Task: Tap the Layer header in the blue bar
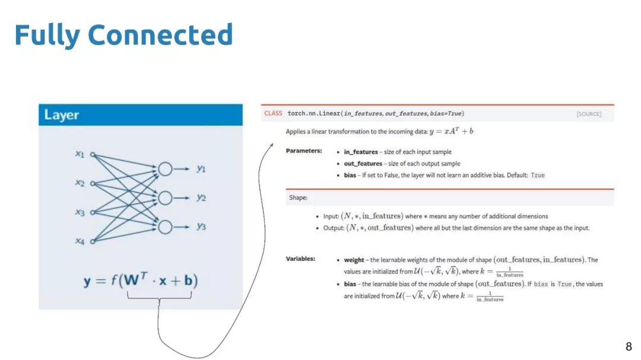[x=62, y=115]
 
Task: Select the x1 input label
[x=80, y=154]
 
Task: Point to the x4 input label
[x=80, y=241]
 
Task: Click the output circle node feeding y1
[x=165, y=169]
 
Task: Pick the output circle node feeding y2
[x=165, y=197]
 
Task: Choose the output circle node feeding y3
[x=165, y=227]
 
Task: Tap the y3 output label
[x=202, y=227]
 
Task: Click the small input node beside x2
[x=92, y=183]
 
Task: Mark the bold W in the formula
[x=132, y=281]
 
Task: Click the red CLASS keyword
[x=273, y=113]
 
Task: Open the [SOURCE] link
[x=589, y=114]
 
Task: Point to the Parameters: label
[x=304, y=151]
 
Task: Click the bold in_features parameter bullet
[x=360, y=152]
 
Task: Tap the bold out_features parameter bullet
[x=363, y=164]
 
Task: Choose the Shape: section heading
[x=298, y=197]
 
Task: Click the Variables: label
[x=300, y=259]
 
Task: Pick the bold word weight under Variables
[x=354, y=260]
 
